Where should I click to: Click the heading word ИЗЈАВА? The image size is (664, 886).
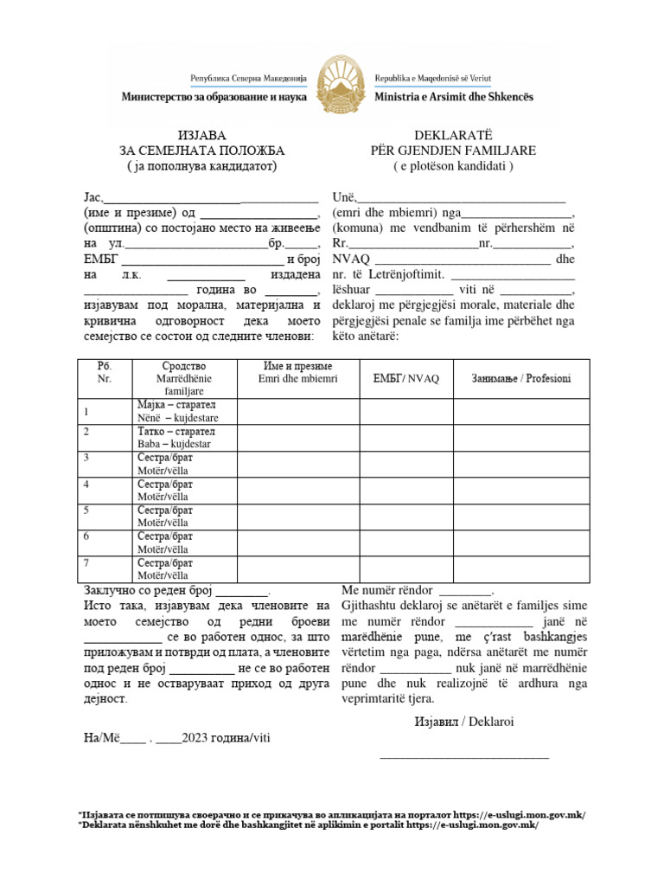click(201, 135)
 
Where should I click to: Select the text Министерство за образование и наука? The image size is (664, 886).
click(214, 97)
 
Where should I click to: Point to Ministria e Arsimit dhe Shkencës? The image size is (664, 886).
click(454, 97)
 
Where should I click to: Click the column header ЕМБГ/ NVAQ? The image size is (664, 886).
click(405, 379)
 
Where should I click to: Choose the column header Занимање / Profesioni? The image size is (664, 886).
click(520, 379)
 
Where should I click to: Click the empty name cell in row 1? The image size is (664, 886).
click(299, 411)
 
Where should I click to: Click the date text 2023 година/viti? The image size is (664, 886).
click(227, 737)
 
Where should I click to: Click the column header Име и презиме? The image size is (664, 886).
click(298, 367)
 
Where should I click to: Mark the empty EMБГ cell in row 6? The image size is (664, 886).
click(405, 542)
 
